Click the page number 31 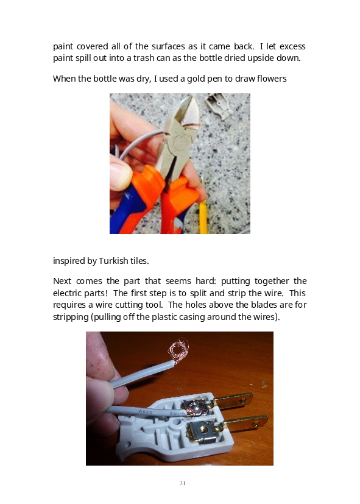click(182, 483)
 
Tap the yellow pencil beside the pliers click(203, 217)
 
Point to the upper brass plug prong click(233, 401)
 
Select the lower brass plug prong click(245, 422)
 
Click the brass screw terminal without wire click(202, 430)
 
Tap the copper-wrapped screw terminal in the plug click(194, 408)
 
